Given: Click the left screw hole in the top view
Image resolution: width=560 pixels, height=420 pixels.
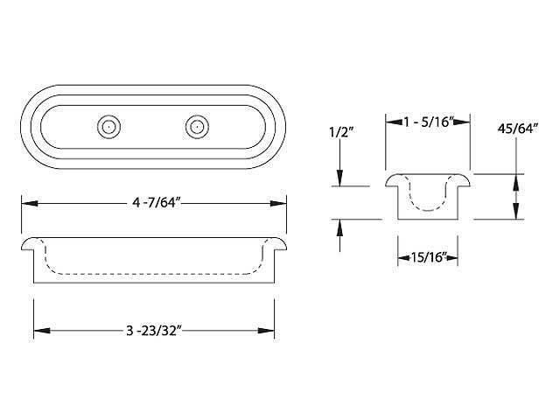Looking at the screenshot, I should [x=108, y=127].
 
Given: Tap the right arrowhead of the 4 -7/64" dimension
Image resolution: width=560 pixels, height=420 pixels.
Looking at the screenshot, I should [x=281, y=204].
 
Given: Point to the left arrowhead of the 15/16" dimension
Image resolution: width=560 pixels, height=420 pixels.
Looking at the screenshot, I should [x=403, y=257].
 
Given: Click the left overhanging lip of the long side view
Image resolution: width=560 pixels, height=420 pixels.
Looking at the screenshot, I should [x=28, y=242].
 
